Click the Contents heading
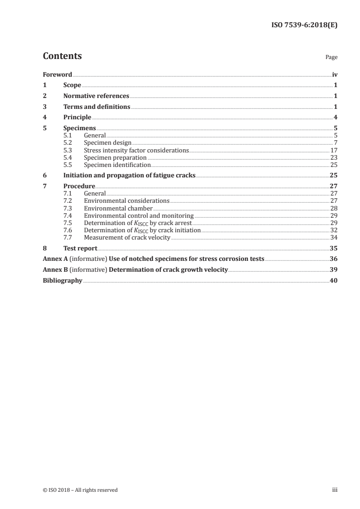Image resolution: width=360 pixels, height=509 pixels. (62, 56)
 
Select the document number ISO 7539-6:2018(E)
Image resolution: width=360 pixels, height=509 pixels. (304, 25)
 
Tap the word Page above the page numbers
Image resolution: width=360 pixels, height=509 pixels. (331, 58)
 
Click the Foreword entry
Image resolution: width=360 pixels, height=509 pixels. (57, 74)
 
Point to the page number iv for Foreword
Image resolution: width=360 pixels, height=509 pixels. (335, 74)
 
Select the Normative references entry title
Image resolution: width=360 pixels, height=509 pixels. (96, 96)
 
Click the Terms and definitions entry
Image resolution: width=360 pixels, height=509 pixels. (97, 107)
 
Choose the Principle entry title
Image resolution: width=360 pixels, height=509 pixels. (77, 118)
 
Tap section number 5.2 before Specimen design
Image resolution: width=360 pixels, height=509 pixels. (68, 143)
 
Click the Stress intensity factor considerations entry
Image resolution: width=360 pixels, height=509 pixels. (136, 150)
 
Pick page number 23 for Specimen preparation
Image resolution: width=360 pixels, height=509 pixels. (334, 157)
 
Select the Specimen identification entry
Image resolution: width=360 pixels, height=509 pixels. (117, 165)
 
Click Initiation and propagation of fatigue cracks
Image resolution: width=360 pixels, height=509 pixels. (129, 176)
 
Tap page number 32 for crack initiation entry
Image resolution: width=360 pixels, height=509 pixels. (334, 230)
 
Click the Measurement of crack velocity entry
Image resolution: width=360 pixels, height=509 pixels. (127, 237)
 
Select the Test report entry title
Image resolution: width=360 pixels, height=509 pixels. (80, 248)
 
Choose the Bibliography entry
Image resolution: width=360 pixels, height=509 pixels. (62, 281)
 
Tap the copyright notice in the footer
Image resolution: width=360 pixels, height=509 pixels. (80, 490)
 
